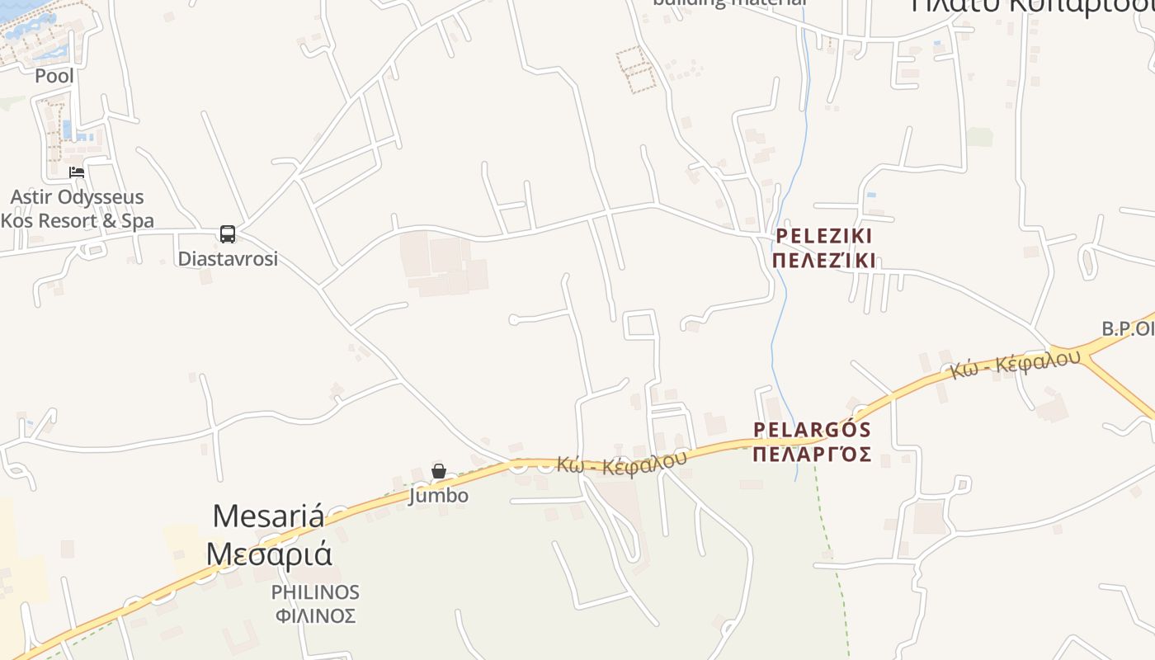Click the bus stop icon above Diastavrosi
(228, 234)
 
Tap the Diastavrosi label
(228, 258)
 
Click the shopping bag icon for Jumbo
(439, 471)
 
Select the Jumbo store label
(439, 495)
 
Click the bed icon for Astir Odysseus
(77, 172)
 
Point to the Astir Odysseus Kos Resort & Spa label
(77, 209)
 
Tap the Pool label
(54, 76)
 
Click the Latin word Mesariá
(268, 516)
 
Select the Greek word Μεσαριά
(268, 553)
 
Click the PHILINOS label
(315, 592)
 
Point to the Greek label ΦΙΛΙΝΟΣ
(315, 615)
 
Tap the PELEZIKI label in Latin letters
(824, 237)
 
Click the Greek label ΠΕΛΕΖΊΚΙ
(824, 261)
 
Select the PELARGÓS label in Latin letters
(813, 430)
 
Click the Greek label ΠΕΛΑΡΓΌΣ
(813, 454)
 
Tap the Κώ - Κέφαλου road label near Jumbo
(621, 463)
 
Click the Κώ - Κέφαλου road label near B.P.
(1014, 364)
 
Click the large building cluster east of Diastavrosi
(444, 265)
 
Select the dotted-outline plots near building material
(636, 68)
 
